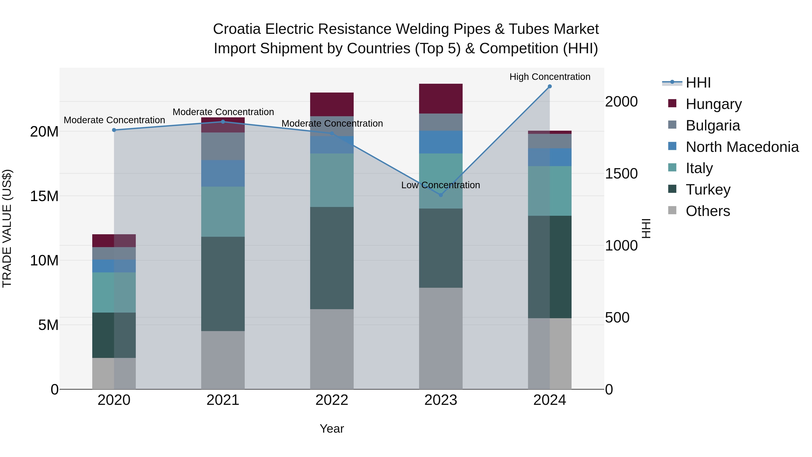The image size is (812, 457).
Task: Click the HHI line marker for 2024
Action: [x=549, y=86]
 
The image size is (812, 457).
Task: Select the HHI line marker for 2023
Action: [x=441, y=195]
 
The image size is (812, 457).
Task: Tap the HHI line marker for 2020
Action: [x=114, y=130]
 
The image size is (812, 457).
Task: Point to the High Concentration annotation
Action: [x=550, y=77]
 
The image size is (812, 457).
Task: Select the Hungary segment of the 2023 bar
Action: [x=441, y=98]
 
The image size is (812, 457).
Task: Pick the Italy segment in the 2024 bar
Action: [x=549, y=191]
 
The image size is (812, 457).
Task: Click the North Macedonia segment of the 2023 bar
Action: [x=441, y=142]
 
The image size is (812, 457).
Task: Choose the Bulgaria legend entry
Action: [x=712, y=125]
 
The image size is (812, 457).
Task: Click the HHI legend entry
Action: [x=698, y=83]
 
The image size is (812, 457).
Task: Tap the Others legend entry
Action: [x=707, y=211]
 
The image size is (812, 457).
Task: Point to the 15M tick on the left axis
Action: [x=44, y=196]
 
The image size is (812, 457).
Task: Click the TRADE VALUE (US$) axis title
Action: [x=7, y=228]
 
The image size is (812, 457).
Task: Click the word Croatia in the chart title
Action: [x=237, y=29]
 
